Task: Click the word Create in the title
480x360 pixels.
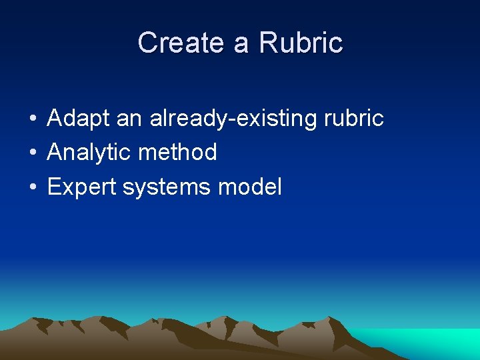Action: pos(180,43)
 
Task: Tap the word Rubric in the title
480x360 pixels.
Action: pos(301,43)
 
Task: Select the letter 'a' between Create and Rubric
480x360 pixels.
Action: pos(241,45)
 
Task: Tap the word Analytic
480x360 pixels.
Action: pos(89,153)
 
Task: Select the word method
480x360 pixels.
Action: pos(177,153)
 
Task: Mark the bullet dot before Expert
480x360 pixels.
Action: pos(32,188)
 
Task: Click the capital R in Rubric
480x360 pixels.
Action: pos(267,43)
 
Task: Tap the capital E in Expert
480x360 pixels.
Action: pos(54,187)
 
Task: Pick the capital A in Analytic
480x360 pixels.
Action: pos(55,153)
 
